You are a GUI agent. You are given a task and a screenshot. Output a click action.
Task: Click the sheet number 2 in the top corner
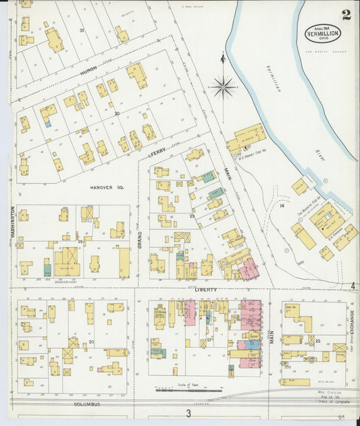345,15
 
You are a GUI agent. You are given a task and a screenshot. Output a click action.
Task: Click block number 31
82,30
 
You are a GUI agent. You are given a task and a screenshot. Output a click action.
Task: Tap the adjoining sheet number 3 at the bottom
188,413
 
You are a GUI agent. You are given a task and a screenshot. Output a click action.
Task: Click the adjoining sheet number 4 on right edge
353,286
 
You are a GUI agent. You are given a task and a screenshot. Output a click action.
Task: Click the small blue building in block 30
47,124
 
